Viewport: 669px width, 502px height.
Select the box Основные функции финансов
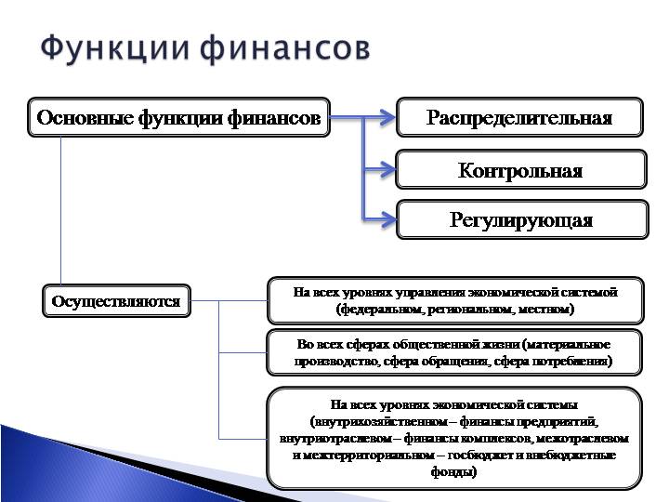click(178, 118)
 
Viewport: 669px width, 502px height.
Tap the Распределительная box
click(519, 118)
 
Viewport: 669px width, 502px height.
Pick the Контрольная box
click(519, 170)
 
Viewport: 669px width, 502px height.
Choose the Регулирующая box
click(520, 220)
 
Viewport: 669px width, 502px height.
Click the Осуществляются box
click(116, 301)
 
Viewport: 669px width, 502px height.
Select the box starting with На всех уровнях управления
click(454, 299)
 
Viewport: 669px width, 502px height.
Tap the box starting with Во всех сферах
click(454, 351)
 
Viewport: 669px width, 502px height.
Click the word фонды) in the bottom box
click(454, 471)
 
